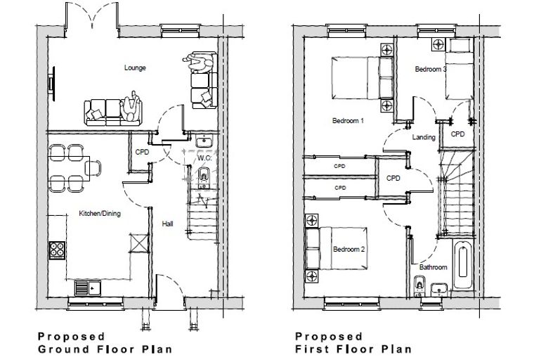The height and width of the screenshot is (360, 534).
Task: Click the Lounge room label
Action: (135, 67)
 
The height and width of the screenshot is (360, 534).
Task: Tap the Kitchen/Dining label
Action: (100, 214)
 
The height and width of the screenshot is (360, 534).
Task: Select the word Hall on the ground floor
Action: (167, 224)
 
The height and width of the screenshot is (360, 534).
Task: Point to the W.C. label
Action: (204, 158)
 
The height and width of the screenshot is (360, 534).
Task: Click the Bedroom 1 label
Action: (348, 121)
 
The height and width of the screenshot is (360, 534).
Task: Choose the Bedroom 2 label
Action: (349, 250)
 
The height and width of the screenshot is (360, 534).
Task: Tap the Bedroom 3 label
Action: (431, 69)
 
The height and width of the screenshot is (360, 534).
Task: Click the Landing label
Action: (424, 137)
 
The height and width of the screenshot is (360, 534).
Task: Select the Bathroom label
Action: (434, 267)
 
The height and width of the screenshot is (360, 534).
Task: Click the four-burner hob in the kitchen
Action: (57, 250)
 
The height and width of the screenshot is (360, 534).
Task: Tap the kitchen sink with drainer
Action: (88, 288)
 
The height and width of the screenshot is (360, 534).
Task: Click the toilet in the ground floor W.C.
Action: (203, 177)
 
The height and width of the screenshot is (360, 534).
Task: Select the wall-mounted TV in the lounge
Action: (52, 84)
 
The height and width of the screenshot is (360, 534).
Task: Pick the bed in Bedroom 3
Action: (460, 69)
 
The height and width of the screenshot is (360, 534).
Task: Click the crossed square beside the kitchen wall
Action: (139, 243)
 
